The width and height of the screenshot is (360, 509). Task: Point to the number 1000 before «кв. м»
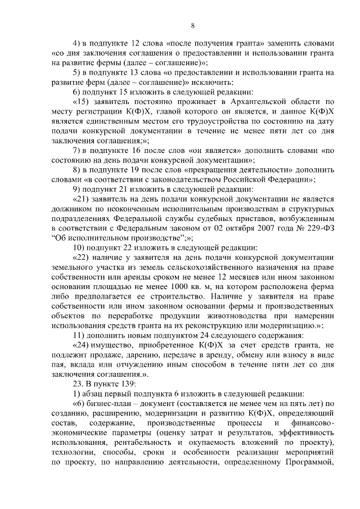pyautogui.click(x=156, y=286)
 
